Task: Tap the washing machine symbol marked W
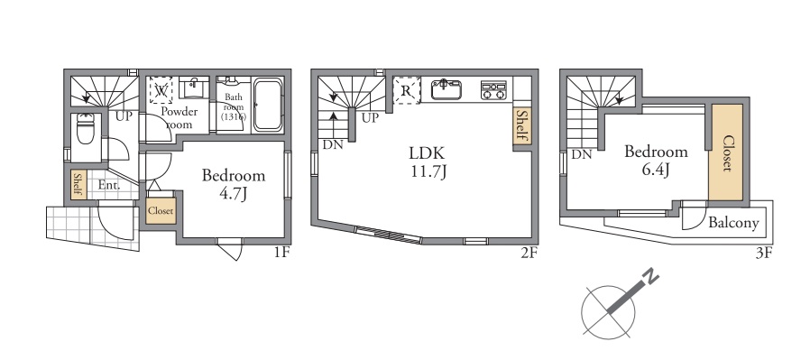click(161, 90)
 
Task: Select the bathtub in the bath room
click(268, 105)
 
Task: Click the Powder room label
click(179, 118)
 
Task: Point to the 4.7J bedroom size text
click(234, 194)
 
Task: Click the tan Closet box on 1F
click(161, 211)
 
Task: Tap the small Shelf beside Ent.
click(78, 184)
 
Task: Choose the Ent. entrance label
click(109, 184)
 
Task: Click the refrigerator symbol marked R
click(406, 90)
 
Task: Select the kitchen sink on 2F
click(446, 89)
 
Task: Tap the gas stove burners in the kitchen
click(493, 90)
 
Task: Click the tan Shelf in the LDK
click(521, 126)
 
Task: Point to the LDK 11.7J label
click(427, 162)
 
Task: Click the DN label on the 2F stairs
click(333, 144)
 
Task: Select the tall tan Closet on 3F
click(726, 152)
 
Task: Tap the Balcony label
click(733, 223)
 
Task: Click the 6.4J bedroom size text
click(656, 170)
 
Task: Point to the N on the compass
click(651, 277)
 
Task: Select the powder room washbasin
click(194, 88)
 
